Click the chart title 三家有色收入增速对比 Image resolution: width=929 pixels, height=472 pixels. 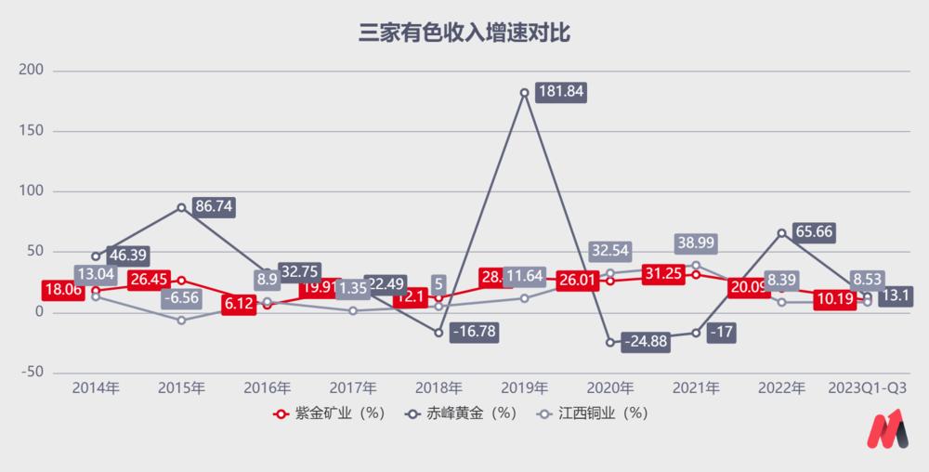coord(464,35)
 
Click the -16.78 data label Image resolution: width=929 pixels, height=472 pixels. coord(474,333)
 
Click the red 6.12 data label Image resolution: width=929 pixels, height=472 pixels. coord(238,304)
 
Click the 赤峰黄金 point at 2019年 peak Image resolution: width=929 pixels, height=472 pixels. coord(524,93)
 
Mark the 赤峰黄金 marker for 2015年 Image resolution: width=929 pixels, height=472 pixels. coord(181,207)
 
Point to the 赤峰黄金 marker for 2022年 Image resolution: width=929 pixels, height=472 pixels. coord(782,232)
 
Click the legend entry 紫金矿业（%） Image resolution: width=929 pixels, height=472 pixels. coord(329,413)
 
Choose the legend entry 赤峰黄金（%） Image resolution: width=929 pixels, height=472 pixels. coord(459,413)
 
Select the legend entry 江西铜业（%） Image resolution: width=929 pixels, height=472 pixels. coord(590,413)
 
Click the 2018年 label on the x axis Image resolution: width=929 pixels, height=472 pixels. coord(438,387)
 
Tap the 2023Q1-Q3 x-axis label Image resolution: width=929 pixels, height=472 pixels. coord(868,387)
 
